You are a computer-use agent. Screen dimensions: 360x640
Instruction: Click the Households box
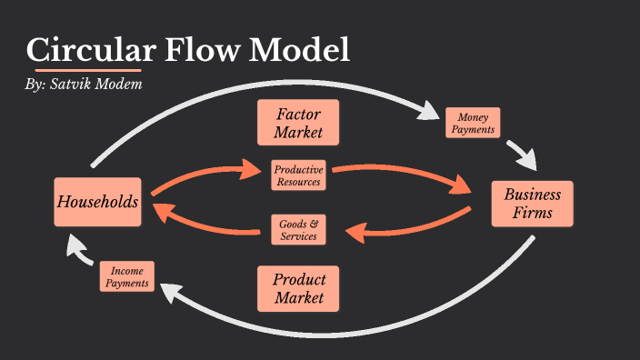(97, 202)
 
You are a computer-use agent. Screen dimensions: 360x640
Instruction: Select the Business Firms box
(533, 204)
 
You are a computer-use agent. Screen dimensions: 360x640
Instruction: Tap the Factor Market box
(298, 122)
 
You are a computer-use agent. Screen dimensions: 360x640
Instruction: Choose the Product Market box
(298, 288)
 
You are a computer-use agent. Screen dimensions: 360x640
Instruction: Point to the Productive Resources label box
(298, 175)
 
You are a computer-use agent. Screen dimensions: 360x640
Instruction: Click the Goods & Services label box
(298, 229)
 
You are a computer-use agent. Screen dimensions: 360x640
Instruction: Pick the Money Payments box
(473, 123)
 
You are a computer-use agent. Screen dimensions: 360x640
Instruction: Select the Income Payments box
(126, 277)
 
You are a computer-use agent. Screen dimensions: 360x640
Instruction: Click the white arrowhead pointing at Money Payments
(428, 110)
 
